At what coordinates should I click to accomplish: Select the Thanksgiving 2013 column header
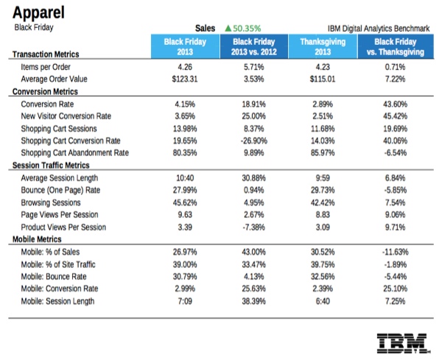tap(323, 46)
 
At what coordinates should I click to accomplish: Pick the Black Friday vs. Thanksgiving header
tap(399, 46)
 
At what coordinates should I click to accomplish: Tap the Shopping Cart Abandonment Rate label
tap(75, 153)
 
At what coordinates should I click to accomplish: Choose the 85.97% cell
tap(323, 153)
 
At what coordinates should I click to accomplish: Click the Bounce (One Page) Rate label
tap(64, 190)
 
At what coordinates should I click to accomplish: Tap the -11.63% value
tap(399, 252)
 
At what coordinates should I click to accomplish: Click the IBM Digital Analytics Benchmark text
tap(379, 28)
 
